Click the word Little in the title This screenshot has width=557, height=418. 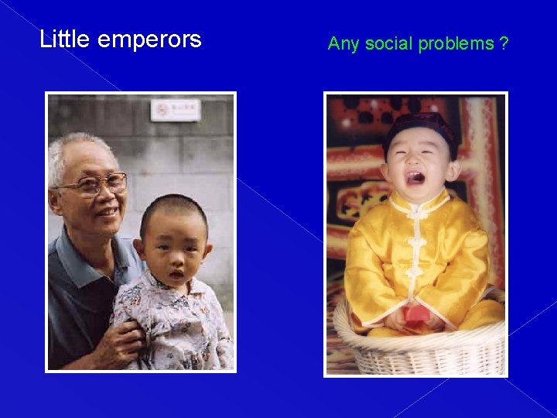click(x=65, y=39)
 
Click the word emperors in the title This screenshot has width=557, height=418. click(x=149, y=40)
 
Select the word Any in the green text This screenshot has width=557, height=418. click(x=343, y=44)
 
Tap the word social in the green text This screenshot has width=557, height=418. click(x=389, y=43)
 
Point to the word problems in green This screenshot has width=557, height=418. click(x=456, y=44)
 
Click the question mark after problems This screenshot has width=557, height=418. click(x=504, y=43)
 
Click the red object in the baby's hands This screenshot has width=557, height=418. click(x=416, y=313)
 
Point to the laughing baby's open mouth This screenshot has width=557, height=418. click(x=415, y=178)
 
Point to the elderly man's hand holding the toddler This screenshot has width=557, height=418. click(x=128, y=337)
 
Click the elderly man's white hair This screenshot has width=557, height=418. click(x=73, y=151)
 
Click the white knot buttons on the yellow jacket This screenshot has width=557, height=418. click(x=417, y=244)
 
